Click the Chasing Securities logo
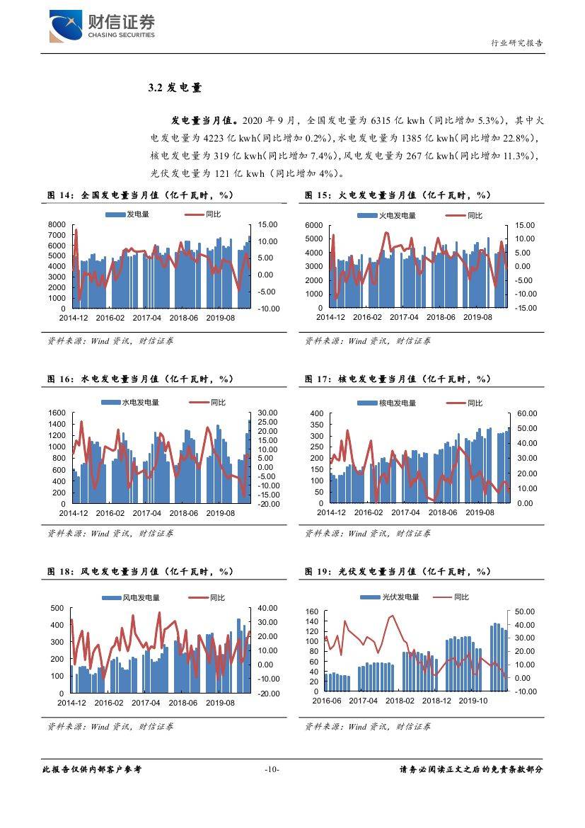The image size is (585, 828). click(x=102, y=25)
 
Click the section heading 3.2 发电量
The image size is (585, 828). click(x=175, y=88)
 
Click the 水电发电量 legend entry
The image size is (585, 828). click(x=130, y=403)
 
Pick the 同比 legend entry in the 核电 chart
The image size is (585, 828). click(x=465, y=403)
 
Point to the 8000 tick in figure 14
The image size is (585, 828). click(x=57, y=224)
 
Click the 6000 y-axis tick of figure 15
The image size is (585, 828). click(x=314, y=225)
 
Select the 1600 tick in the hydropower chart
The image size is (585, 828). click(x=57, y=413)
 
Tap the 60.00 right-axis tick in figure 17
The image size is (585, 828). click(x=527, y=413)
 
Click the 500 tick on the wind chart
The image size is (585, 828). click(x=57, y=609)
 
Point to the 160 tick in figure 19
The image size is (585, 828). click(x=312, y=611)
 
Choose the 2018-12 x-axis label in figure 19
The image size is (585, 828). click(x=436, y=701)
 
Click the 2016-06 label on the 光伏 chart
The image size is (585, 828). click(x=327, y=701)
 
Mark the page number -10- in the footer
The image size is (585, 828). click(x=272, y=769)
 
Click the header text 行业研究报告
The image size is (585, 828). click(x=517, y=42)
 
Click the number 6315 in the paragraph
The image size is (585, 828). click(x=381, y=120)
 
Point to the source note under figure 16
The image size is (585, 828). click(x=110, y=534)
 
